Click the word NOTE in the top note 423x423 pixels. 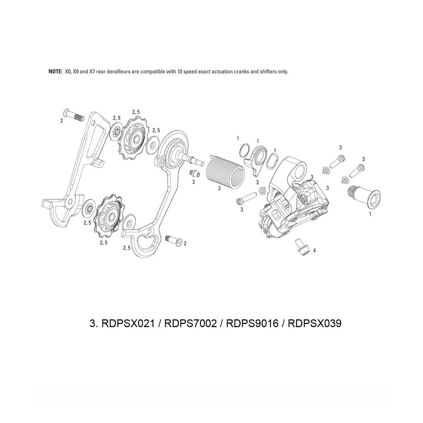click(x=55, y=72)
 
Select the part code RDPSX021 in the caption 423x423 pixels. click(x=128, y=323)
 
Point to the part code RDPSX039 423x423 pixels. click(x=314, y=323)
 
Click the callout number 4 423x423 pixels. click(x=314, y=250)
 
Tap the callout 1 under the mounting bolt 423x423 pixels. click(x=369, y=214)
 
